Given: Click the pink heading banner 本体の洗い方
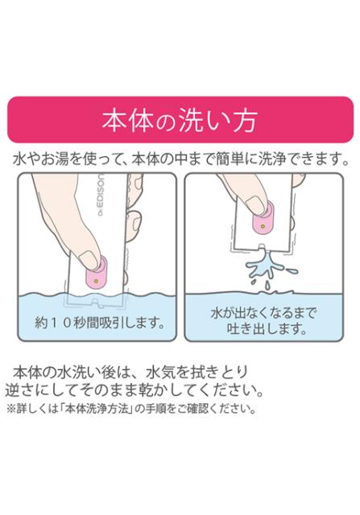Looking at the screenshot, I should pos(180,119).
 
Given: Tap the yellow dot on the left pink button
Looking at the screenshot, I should pos(96,281).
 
